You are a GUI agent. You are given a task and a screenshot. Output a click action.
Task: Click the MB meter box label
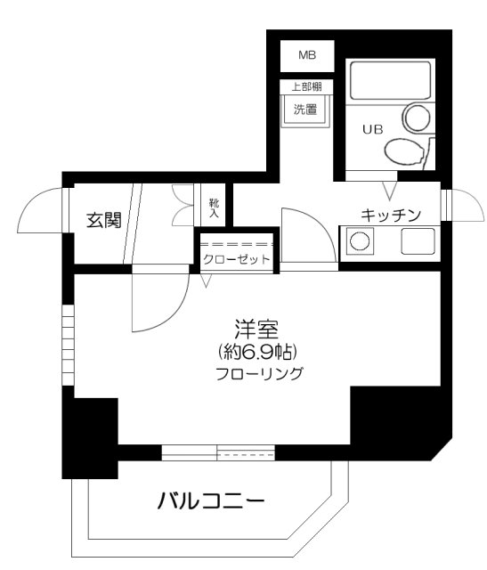pyautogui.click(x=307, y=55)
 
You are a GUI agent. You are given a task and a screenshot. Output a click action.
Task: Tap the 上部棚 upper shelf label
pyautogui.click(x=307, y=87)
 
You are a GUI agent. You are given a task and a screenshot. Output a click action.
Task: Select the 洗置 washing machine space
pyautogui.click(x=305, y=109)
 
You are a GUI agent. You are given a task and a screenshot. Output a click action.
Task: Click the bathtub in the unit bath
pyautogui.click(x=390, y=81)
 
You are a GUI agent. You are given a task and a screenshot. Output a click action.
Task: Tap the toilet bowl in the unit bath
pyautogui.click(x=404, y=152)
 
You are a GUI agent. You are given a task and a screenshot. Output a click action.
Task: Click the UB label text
pyautogui.click(x=372, y=129)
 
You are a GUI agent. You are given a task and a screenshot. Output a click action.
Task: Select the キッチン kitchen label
pyautogui.click(x=391, y=216)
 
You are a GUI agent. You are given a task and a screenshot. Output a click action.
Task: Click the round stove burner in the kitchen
pyautogui.click(x=360, y=240)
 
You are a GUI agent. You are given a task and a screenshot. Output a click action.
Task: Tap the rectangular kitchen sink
pyautogui.click(x=418, y=241)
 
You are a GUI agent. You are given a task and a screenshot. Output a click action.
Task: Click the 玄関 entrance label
pyautogui.click(x=104, y=220)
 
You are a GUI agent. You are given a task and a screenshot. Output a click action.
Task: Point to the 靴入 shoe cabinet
pyautogui.click(x=214, y=208)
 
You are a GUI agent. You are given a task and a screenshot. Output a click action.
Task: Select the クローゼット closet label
pyautogui.click(x=237, y=259)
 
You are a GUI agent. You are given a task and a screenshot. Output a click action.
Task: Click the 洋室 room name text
pyautogui.click(x=256, y=329)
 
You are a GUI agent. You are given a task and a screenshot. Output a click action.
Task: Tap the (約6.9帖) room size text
pyautogui.click(x=257, y=352)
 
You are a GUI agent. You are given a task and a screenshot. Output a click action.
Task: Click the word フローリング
pyautogui.click(x=259, y=374)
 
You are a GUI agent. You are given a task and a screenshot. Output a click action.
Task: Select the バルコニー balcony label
pyautogui.click(x=211, y=501)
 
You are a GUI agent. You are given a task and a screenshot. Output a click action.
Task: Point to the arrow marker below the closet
pyautogui.click(x=206, y=281)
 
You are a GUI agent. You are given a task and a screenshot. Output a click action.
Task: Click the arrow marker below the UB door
pyautogui.click(x=390, y=191)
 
